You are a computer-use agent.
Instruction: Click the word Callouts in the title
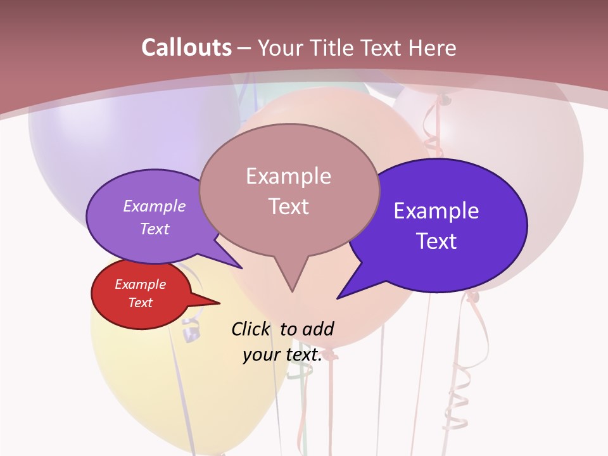186,48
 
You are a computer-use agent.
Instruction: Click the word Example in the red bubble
140,284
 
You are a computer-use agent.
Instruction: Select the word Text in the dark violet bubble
436,241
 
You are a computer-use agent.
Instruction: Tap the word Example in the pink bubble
288,176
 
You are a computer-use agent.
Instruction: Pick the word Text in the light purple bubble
155,229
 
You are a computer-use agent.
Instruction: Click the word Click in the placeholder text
250,329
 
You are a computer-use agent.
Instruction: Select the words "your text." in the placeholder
282,355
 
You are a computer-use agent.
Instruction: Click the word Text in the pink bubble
288,206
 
